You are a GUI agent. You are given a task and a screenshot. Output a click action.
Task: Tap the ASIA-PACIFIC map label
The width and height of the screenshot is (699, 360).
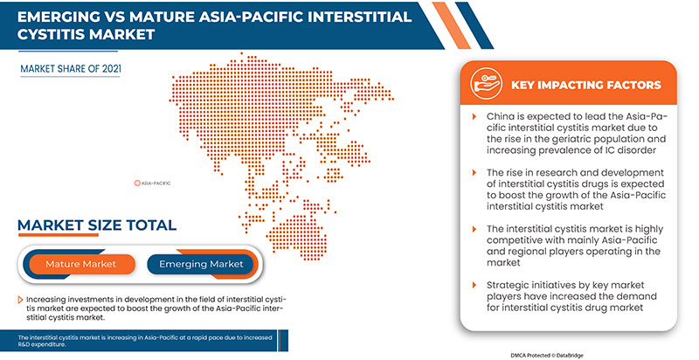tap(154, 183)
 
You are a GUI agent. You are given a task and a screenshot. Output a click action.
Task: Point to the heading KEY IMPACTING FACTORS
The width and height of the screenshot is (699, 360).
tap(586, 85)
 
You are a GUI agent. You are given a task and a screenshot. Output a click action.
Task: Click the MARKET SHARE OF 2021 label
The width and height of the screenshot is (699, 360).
tap(72, 66)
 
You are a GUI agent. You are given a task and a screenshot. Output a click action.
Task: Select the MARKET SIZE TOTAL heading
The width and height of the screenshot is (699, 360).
tap(96, 225)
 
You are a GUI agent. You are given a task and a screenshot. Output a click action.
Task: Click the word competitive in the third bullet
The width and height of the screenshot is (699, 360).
tap(522, 239)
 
